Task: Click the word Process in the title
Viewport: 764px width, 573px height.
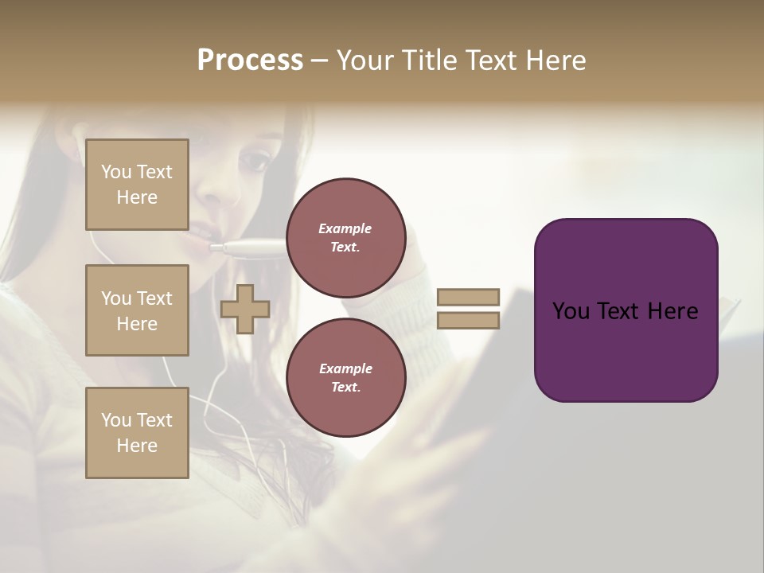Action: [x=250, y=60]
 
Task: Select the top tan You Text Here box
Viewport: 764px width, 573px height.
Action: [x=137, y=185]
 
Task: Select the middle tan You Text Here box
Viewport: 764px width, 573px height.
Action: [x=137, y=310]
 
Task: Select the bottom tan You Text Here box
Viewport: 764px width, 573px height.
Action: [x=137, y=432]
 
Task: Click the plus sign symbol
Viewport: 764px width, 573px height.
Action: [x=245, y=309]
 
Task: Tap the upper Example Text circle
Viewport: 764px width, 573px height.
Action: [x=345, y=237]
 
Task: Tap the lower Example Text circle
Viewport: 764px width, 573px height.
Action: [x=345, y=377]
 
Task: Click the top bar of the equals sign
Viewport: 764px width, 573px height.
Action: [x=469, y=297]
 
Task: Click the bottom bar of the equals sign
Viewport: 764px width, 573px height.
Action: [x=469, y=320]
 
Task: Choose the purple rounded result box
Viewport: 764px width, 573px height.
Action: [x=626, y=310]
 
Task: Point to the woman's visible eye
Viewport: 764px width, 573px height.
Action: [x=255, y=162]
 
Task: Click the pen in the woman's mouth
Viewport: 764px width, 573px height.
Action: [x=247, y=248]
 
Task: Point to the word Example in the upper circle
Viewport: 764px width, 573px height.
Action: [x=345, y=228]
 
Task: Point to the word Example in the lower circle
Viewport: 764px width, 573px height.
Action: [x=345, y=368]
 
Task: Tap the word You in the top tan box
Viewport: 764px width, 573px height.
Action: [x=115, y=172]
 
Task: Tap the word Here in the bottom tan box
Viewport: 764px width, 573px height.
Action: [x=137, y=446]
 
